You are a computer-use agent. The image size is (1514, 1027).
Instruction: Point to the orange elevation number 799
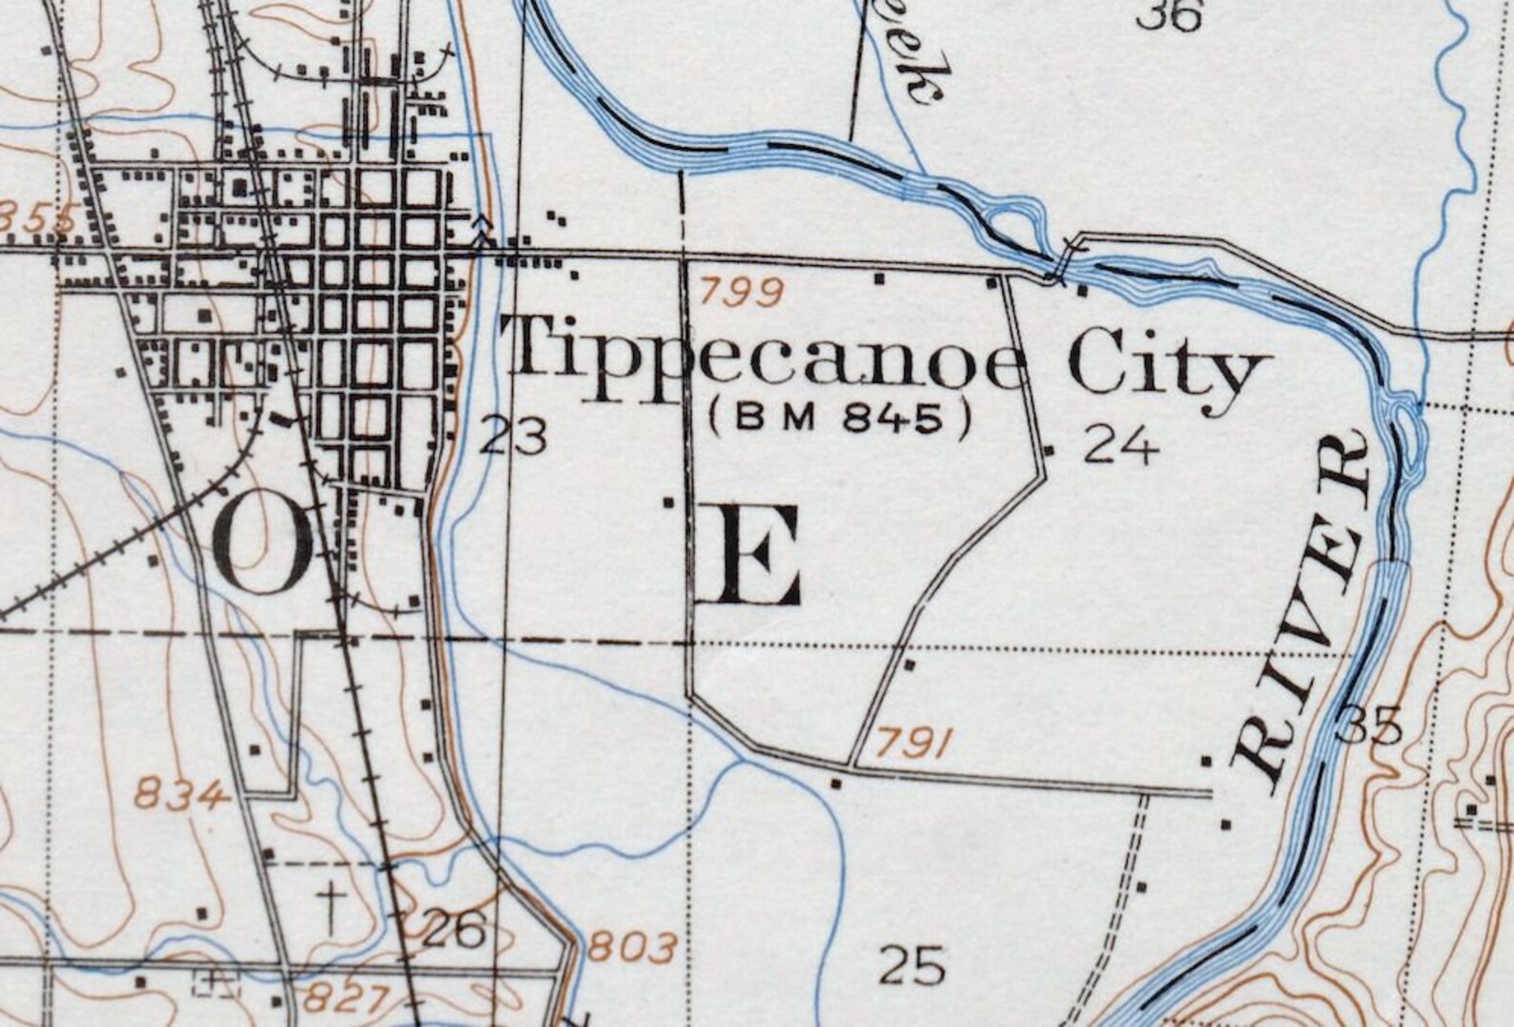tap(741, 290)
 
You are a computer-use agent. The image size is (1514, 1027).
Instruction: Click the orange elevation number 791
tap(913, 743)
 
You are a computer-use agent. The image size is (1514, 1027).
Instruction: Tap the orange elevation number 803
tap(632, 947)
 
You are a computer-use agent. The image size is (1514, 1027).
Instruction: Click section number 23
tap(514, 438)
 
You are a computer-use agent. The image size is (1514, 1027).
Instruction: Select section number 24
tap(1122, 444)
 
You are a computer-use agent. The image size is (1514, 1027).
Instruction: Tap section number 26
tap(453, 931)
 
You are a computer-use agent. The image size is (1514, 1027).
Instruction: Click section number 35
tap(1370, 727)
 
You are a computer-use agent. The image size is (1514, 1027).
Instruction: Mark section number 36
tap(1171, 14)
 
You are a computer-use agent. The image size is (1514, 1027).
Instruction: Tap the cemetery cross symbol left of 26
tap(331, 905)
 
